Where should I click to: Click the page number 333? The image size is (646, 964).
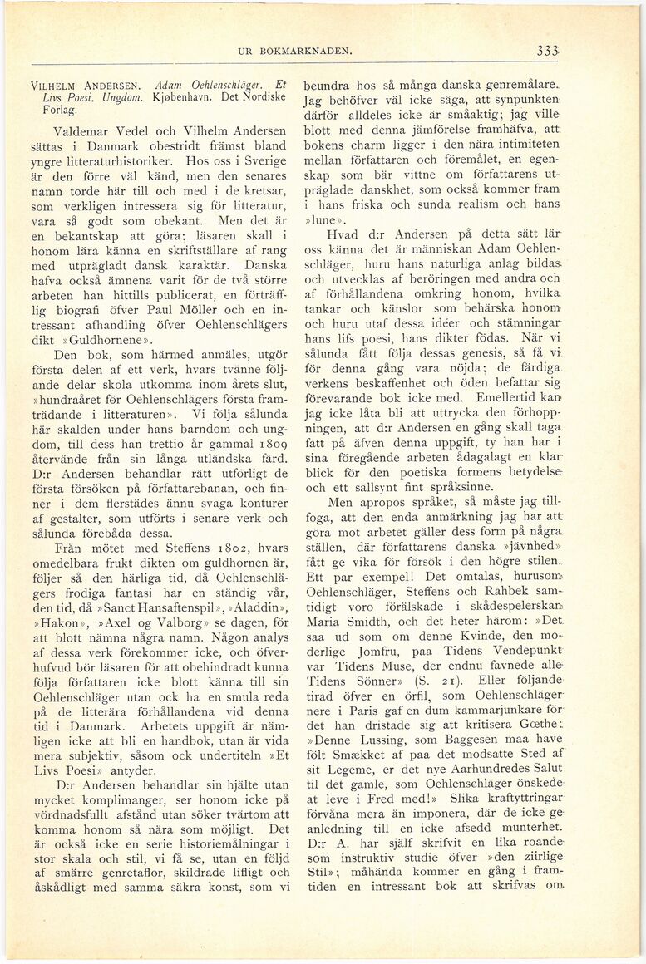[546, 51]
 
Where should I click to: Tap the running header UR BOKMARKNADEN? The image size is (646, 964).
[295, 52]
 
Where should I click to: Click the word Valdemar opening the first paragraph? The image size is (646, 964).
[82, 130]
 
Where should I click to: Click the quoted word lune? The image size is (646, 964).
[326, 219]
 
